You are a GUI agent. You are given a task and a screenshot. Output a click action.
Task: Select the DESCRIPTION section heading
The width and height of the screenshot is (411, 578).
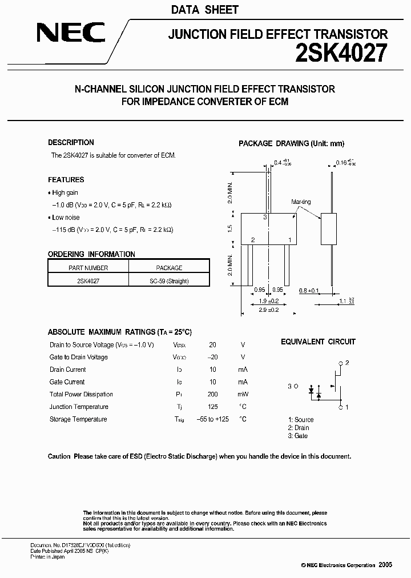[71, 143]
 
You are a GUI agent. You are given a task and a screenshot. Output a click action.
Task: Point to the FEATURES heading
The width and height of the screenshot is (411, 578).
[66, 180]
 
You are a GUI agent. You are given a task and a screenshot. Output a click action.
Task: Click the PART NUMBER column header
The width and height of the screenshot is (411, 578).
[88, 268]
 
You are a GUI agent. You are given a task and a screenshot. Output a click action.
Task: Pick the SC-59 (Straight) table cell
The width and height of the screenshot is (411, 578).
[169, 281]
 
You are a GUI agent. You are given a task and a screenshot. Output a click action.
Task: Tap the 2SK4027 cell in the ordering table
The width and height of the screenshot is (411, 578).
[88, 281]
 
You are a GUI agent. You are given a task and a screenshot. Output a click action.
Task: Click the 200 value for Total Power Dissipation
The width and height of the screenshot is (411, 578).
[212, 395]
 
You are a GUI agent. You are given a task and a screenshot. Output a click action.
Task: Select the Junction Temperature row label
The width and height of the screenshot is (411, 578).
[79, 407]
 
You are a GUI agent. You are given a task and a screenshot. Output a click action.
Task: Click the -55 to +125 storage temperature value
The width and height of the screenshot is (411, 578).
[212, 420]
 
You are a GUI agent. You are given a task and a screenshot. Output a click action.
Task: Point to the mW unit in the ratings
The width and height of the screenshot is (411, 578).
[243, 395]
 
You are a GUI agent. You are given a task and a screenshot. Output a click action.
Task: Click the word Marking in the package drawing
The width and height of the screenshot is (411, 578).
[301, 202]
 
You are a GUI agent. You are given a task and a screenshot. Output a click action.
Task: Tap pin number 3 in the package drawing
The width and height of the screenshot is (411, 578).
[265, 218]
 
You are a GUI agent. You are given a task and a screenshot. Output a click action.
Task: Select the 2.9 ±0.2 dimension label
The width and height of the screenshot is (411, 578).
[268, 309]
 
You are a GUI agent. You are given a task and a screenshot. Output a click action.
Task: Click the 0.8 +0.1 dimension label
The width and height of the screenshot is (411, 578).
[309, 291]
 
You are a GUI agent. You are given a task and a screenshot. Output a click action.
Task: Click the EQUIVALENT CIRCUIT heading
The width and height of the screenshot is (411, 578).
[318, 342]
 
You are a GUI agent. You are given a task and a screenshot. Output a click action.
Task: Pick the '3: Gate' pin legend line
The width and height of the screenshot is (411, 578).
[298, 436]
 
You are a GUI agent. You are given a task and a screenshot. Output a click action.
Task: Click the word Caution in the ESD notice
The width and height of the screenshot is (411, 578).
[59, 456]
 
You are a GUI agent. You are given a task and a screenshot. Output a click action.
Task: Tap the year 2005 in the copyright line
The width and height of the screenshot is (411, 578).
[385, 564]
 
